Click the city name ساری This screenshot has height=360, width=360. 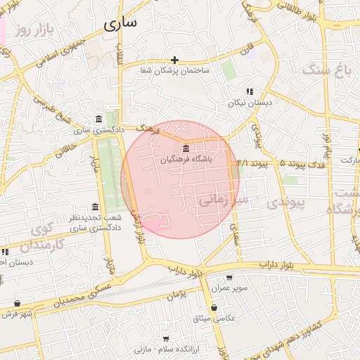[120, 23]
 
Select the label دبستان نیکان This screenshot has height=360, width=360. [249, 103]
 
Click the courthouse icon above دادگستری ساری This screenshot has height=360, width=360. [97, 118]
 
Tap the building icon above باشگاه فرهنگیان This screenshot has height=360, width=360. [185, 148]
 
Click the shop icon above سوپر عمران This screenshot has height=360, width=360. [229, 277]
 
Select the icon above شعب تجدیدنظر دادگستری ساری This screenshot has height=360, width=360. [95, 207]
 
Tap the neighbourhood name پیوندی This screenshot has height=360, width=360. [287, 202]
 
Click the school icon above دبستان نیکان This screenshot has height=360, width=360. [249, 91]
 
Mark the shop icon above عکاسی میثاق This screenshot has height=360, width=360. [213, 308]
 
